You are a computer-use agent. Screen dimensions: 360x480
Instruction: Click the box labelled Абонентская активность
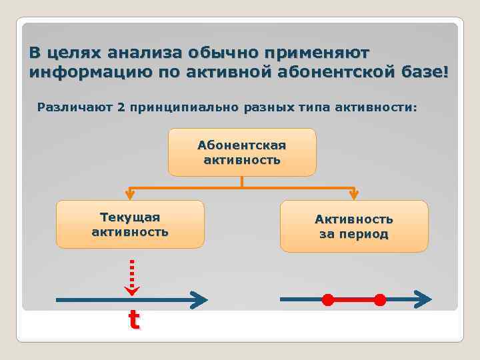(241, 152)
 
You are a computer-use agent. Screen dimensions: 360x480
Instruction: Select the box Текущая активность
(130, 224)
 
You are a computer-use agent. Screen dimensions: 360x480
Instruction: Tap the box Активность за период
(354, 226)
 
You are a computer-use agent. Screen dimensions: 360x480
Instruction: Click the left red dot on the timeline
(327, 299)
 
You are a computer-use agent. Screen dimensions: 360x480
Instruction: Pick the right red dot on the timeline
(379, 300)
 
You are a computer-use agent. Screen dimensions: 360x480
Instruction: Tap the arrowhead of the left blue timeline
(199, 300)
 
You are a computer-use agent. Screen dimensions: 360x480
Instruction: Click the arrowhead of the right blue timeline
(423, 299)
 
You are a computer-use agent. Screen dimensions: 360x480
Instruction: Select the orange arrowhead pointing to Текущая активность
(130, 195)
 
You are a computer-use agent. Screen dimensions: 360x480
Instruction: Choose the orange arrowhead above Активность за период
(354, 195)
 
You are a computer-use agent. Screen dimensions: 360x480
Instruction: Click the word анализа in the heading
(144, 53)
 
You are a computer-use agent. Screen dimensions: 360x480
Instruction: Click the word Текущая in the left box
(130, 217)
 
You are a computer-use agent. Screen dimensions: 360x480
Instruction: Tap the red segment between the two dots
(353, 300)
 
